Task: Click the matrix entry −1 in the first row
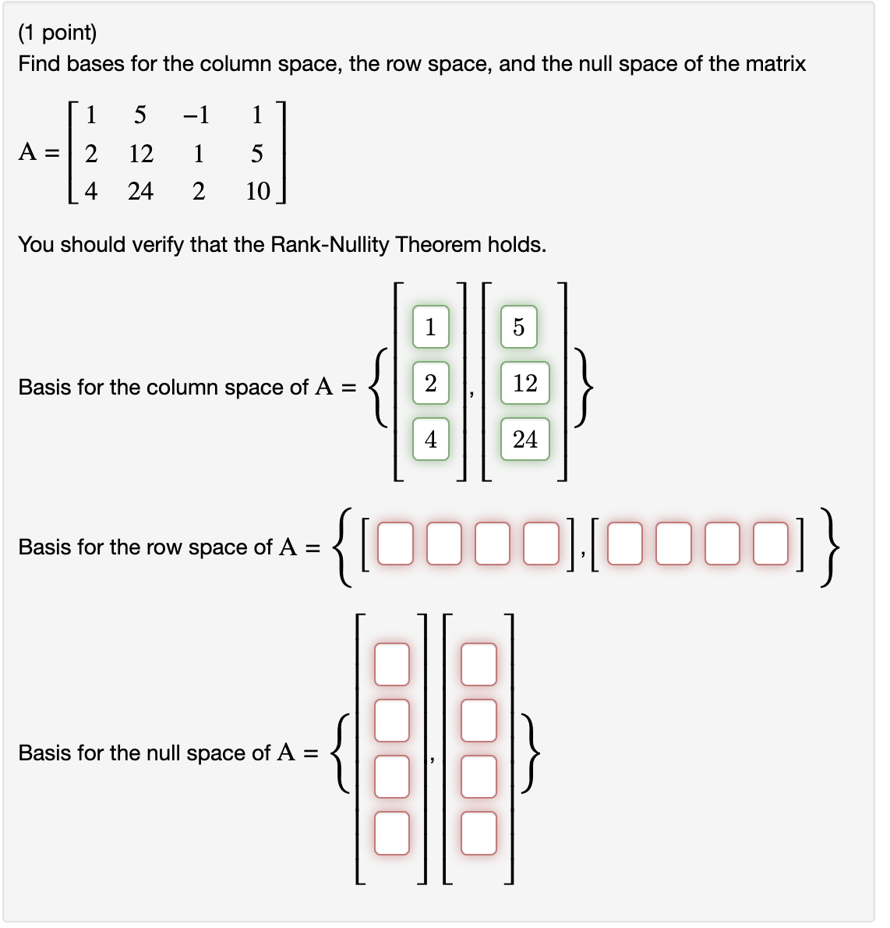pos(196,115)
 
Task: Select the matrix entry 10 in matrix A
pos(257,191)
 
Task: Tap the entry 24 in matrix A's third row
pos(141,191)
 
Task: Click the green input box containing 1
pos(431,327)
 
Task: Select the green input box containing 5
pos(519,327)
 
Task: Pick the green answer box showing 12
pos(524,383)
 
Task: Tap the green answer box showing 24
pos(524,440)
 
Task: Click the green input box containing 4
pos(431,440)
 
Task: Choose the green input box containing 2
pos(431,383)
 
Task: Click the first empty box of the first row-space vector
pos(395,544)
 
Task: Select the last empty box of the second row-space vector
pos(772,544)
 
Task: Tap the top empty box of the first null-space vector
pos(392,664)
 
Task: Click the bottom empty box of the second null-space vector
pos(479,833)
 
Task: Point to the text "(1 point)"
pos(58,33)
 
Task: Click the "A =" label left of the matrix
pos(39,152)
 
